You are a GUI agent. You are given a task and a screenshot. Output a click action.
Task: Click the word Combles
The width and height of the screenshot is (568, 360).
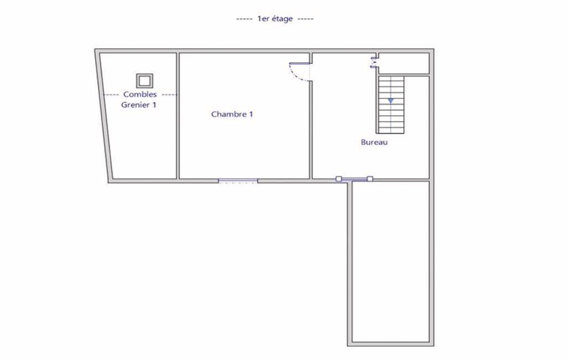(140, 94)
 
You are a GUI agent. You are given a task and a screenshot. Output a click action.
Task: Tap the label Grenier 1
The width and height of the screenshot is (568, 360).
(139, 105)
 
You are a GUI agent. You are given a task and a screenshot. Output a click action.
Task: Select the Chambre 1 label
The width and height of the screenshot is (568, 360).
(232, 114)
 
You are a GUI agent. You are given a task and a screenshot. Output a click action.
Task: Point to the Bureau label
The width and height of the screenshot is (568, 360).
(374, 142)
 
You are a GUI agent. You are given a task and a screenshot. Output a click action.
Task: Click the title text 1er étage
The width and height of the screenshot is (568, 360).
(275, 18)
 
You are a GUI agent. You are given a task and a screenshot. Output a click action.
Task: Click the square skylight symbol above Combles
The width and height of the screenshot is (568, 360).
(145, 81)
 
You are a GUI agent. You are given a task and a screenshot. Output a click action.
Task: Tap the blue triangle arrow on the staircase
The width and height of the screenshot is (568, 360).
(391, 101)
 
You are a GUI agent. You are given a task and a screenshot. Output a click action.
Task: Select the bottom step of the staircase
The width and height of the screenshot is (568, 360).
(391, 130)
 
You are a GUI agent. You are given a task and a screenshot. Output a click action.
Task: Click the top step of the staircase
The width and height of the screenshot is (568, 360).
(391, 79)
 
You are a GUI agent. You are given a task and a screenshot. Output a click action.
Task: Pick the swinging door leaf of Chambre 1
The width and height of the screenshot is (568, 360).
(299, 64)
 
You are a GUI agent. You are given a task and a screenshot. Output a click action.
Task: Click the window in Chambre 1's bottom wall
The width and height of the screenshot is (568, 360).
(238, 181)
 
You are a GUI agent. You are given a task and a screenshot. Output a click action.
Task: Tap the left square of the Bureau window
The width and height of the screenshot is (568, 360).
(339, 179)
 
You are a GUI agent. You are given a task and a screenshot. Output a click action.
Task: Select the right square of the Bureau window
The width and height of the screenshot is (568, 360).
(370, 179)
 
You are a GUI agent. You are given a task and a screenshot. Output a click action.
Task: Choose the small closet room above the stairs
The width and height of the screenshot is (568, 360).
(404, 63)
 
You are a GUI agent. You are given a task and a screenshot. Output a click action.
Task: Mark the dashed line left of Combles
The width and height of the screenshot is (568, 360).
(111, 95)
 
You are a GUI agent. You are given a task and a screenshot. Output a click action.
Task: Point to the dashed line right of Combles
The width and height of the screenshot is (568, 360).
(170, 95)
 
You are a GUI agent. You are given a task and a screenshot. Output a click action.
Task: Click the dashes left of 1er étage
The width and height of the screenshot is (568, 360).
(244, 19)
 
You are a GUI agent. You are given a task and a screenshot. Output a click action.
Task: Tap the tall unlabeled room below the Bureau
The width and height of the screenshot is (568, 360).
(391, 261)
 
